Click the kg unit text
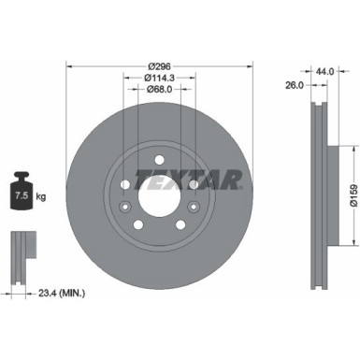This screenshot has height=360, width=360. [39, 195]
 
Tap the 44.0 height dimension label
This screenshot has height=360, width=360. [324, 71]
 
